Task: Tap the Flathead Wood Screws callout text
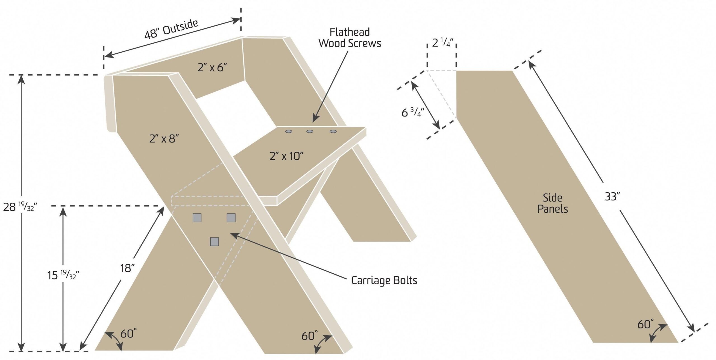350,38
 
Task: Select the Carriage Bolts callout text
384,280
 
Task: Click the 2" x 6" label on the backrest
212,67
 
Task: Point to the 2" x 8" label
164,138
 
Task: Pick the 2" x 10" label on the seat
286,156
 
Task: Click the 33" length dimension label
612,197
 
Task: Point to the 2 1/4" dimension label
442,43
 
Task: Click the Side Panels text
552,203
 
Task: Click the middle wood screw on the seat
310,131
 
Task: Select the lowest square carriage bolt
215,241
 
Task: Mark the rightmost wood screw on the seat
333,131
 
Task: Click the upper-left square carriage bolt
197,218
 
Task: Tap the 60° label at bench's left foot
128,334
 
